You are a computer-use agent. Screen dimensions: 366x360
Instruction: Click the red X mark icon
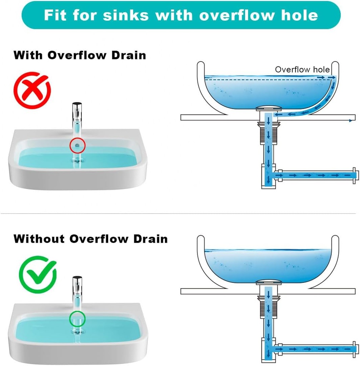[32, 90]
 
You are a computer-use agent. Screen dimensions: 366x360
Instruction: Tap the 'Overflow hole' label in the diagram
[302, 69]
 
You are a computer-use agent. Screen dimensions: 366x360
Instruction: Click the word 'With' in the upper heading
[28, 55]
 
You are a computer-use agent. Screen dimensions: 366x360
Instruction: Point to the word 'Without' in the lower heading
[39, 239]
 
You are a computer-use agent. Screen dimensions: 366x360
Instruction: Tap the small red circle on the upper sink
[77, 145]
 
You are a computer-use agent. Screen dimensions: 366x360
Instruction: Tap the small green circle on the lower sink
[77, 319]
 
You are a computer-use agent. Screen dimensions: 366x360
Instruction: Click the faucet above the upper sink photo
[77, 114]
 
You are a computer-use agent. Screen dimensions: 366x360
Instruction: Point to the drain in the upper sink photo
[77, 160]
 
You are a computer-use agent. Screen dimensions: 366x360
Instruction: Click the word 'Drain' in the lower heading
[150, 239]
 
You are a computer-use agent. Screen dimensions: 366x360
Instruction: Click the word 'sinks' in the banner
[125, 15]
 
